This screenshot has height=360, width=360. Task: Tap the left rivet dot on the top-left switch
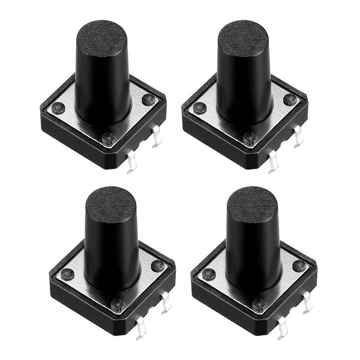click(x=58, y=109)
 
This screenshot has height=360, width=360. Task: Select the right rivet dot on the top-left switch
click(x=149, y=100)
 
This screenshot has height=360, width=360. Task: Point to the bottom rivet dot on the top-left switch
click(x=109, y=139)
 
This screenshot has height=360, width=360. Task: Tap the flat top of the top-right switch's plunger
click(x=242, y=37)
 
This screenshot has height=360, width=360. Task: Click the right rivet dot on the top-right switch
click(x=290, y=100)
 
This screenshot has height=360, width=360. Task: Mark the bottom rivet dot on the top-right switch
click(x=250, y=139)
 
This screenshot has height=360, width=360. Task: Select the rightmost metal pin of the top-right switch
click(x=298, y=137)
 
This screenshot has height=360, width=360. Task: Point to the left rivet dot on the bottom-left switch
click(x=67, y=275)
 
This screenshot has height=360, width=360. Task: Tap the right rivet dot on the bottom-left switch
click(x=158, y=266)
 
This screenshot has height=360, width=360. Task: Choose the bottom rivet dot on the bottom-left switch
click(x=118, y=305)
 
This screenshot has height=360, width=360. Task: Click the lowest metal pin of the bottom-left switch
click(x=141, y=328)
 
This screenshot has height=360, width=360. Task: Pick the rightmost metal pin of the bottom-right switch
click(x=307, y=304)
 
